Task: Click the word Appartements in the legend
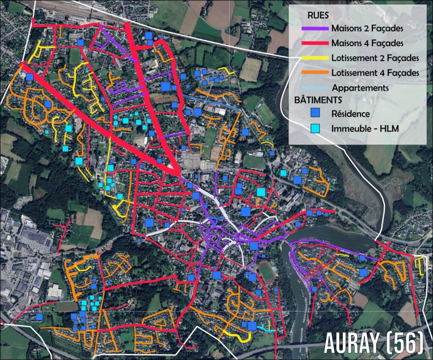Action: point(360,88)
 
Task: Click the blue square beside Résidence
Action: point(315,113)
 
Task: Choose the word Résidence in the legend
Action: point(351,114)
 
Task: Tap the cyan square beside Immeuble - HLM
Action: point(315,127)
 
